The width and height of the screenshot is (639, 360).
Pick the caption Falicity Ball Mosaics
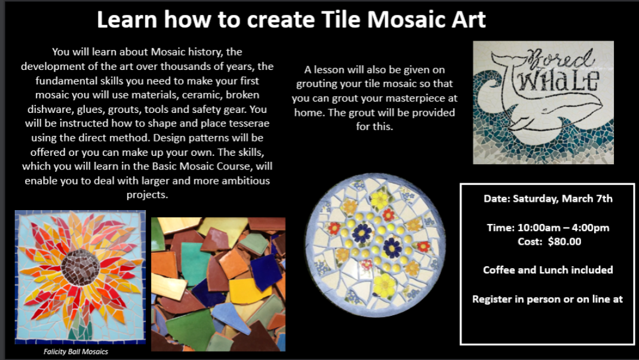click(76, 352)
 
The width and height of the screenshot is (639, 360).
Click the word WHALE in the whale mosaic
click(558, 81)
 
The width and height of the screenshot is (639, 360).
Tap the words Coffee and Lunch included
click(548, 270)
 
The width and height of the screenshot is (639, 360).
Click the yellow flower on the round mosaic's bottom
click(384, 284)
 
